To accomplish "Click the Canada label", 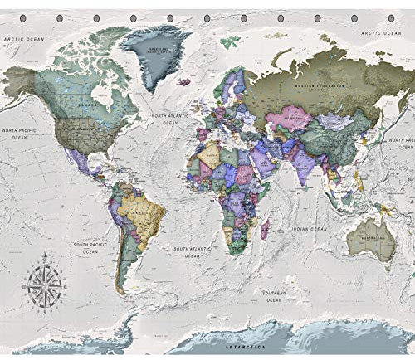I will point(83,105).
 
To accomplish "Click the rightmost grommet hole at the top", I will point(390,17).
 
